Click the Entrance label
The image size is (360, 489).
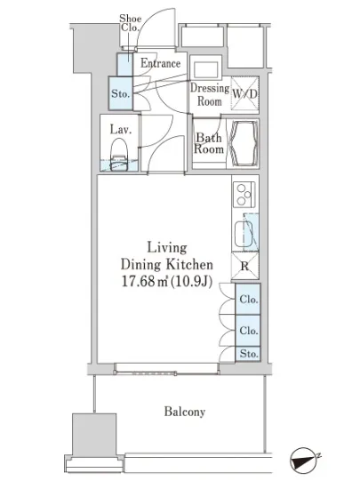pos(160,63)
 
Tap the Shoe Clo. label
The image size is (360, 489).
pos(131,23)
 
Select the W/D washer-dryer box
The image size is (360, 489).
pos(245,93)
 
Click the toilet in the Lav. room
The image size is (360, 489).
pos(119,155)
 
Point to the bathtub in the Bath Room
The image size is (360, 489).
pos(244,143)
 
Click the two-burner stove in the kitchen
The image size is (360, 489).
pos(244,195)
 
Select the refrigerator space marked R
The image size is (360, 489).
pos(245,266)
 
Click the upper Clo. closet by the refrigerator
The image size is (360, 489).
pos(248,299)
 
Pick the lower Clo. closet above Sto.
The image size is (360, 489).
pos(248,331)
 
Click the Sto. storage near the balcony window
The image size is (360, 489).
pos(248,354)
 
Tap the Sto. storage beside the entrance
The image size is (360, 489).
pos(121,93)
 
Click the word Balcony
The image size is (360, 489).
pos(185,412)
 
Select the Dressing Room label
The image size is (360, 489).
pos(210,94)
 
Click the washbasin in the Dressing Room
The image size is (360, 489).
pos(205,68)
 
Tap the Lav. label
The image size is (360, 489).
pos(120,130)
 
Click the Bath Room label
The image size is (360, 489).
pos(209,143)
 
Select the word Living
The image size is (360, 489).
pos(167,248)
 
